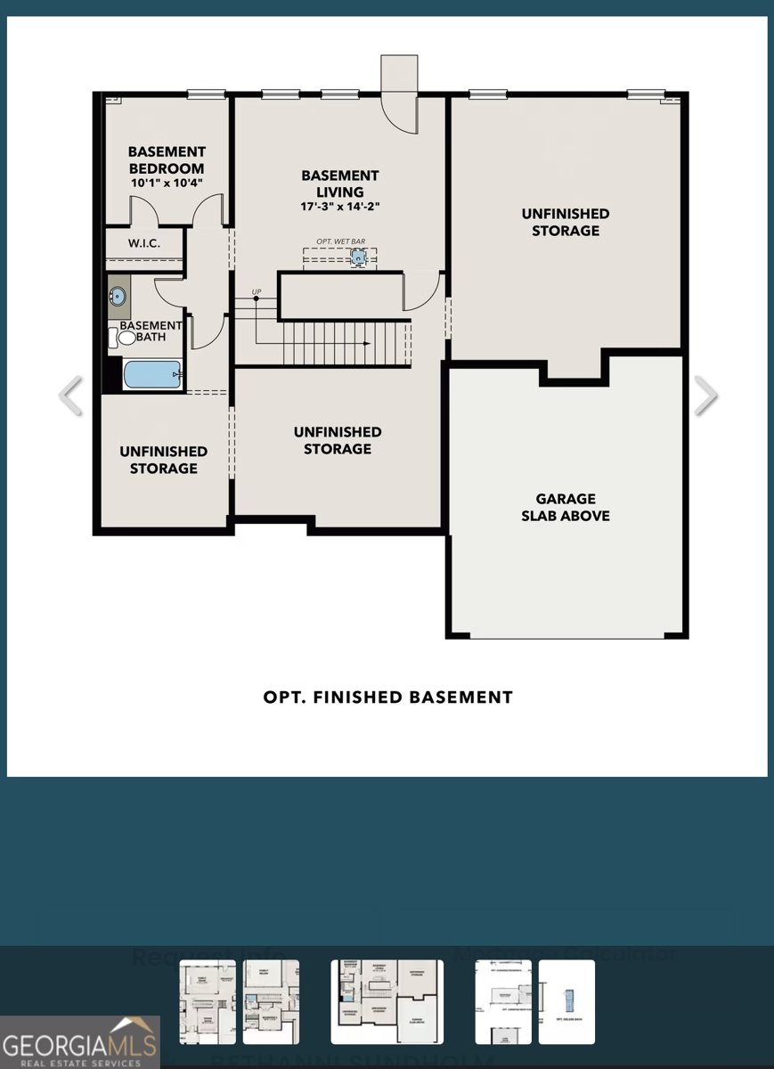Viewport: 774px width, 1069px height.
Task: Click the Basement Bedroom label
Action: [x=167, y=159]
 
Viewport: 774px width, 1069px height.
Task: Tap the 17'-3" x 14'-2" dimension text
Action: [x=339, y=208]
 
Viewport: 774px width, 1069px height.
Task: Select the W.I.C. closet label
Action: [x=143, y=243]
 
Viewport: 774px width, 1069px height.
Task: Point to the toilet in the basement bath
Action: [x=126, y=339]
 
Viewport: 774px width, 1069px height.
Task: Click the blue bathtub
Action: [x=152, y=374]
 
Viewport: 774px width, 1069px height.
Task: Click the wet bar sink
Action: [x=358, y=257]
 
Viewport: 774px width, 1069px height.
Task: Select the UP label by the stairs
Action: [x=257, y=292]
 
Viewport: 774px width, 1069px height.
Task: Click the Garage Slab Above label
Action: [x=566, y=507]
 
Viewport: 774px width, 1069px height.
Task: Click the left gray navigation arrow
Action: [x=70, y=396]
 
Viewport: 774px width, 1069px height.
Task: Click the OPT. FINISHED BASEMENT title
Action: [x=387, y=698]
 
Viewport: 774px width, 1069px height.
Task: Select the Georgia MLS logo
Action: [x=80, y=1042]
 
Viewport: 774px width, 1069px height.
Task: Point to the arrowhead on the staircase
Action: [x=365, y=343]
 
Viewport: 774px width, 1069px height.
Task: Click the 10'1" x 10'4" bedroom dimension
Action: [x=167, y=183]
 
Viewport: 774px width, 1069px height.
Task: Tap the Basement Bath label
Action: [x=151, y=331]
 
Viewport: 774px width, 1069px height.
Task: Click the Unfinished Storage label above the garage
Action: [x=566, y=222]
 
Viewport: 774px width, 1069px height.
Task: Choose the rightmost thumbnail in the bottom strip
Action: [x=566, y=1001]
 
